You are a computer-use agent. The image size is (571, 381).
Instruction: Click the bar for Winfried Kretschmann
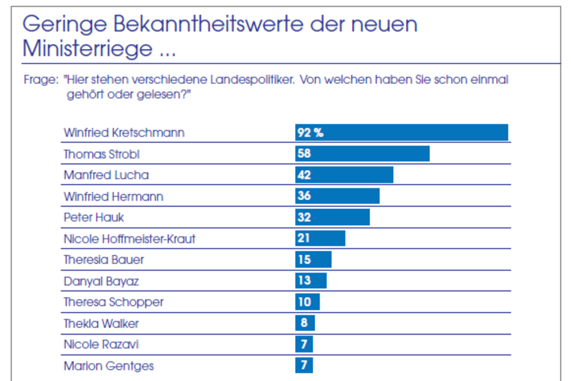click(401, 132)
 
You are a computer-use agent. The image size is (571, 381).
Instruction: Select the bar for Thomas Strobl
click(362, 154)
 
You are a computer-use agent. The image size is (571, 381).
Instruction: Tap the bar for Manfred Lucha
click(344, 175)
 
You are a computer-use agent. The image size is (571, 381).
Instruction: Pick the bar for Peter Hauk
click(332, 217)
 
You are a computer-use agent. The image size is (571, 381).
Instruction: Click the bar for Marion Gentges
click(304, 365)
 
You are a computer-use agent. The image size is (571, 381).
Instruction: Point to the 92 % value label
click(309, 132)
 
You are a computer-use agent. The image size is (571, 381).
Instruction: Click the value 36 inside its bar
click(304, 196)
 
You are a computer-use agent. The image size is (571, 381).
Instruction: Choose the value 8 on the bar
click(305, 323)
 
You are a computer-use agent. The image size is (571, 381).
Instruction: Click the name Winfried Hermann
click(113, 196)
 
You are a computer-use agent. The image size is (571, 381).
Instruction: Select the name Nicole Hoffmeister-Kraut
click(129, 239)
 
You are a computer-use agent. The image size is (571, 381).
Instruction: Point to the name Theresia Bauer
click(103, 260)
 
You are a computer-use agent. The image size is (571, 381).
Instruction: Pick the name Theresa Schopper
click(113, 302)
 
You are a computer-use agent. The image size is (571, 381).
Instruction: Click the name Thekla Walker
click(101, 323)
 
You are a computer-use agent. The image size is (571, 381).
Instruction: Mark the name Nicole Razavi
click(101, 344)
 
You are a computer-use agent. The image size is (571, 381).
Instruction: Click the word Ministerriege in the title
click(87, 49)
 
